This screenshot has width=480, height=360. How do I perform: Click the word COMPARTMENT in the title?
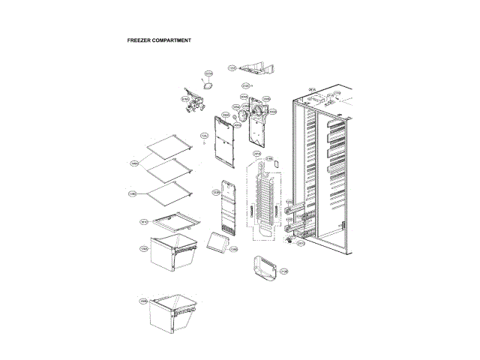click(x=172, y=40)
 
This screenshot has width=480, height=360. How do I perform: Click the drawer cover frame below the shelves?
click(x=174, y=221)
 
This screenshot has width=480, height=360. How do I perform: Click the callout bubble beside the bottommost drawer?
click(x=142, y=301)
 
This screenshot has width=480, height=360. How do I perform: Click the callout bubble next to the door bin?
click(x=284, y=271)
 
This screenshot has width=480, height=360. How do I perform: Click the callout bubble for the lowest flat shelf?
click(x=132, y=194)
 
